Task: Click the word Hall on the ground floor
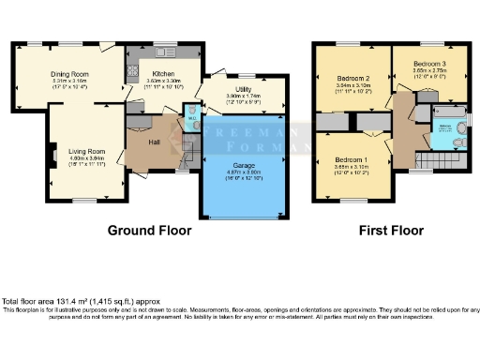pyautogui.click(x=154, y=142)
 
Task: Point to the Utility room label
pyautogui.click(x=243, y=86)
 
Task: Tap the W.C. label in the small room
pyautogui.click(x=191, y=119)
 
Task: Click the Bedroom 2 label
pyautogui.click(x=351, y=77)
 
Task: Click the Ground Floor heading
pyautogui.click(x=149, y=230)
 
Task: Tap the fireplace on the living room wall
pyautogui.click(x=54, y=154)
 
